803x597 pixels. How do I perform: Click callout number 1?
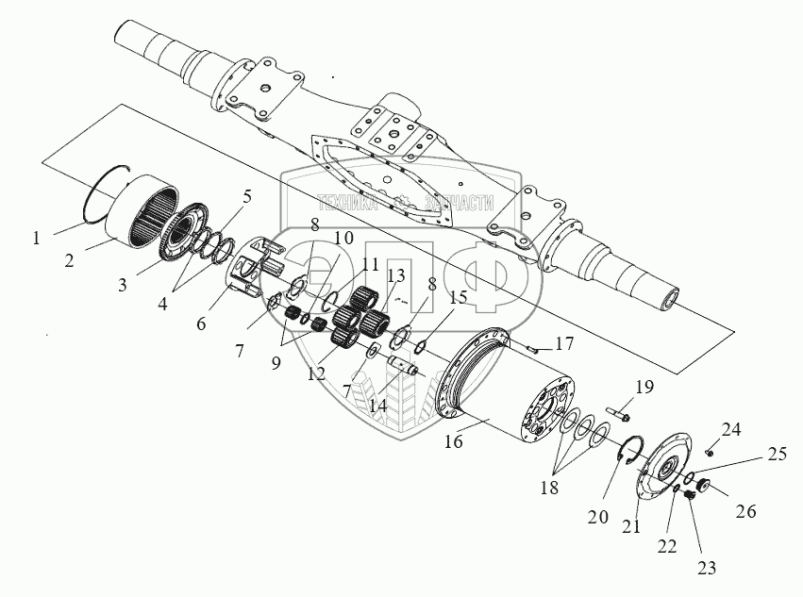click(36, 239)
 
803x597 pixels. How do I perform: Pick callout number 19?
click(644, 386)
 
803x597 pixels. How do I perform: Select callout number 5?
click(246, 197)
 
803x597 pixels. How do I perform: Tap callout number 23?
click(708, 568)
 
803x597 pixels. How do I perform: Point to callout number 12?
click(316, 373)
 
